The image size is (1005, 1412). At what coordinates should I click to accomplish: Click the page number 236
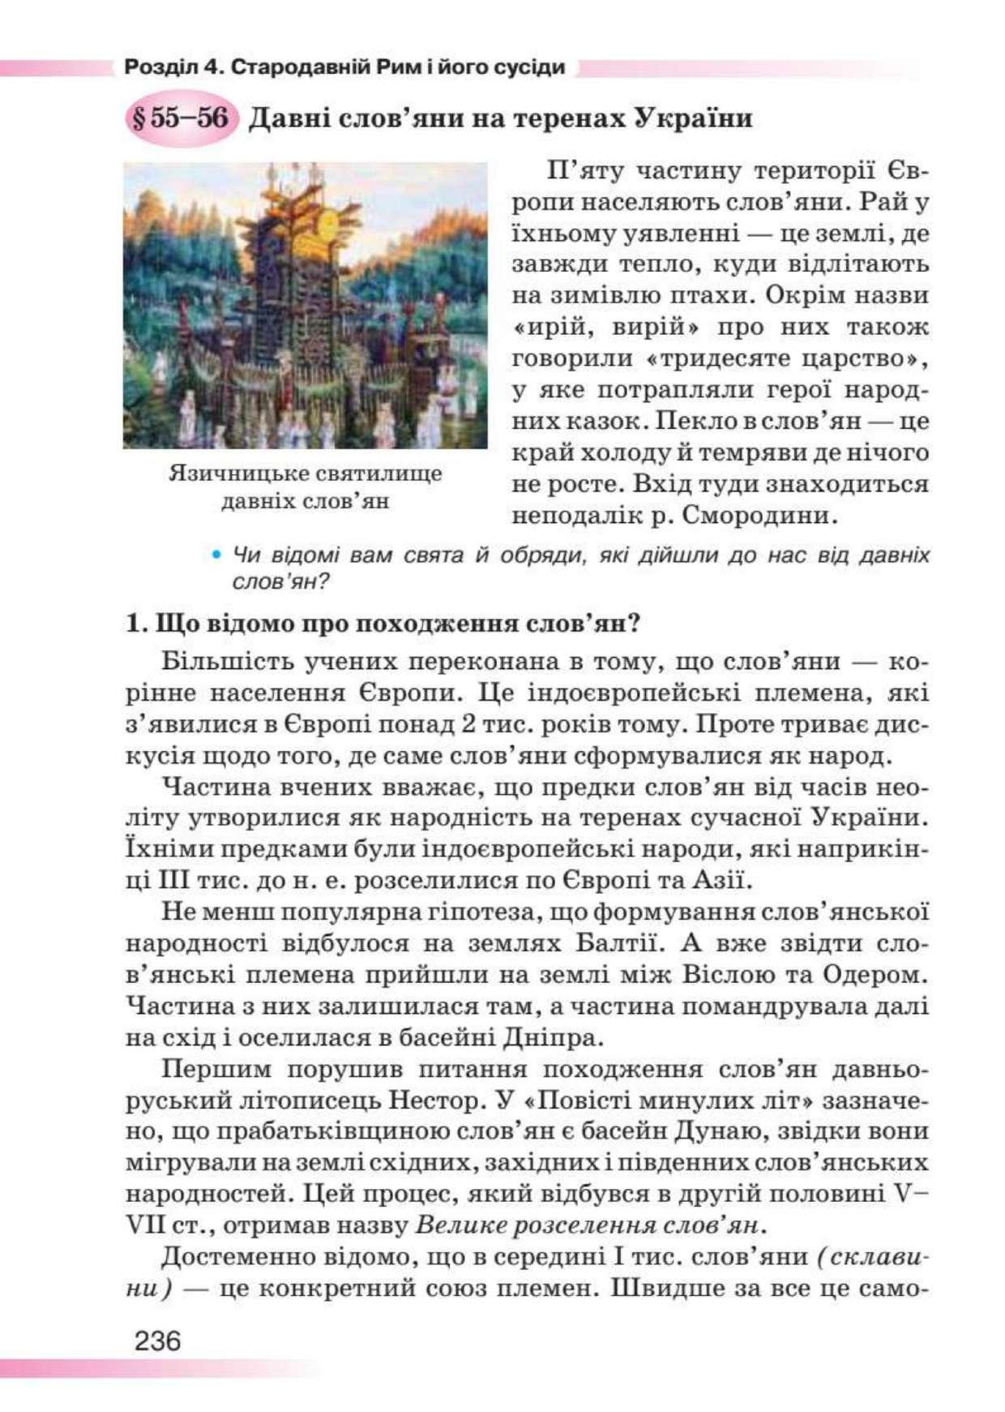click(x=158, y=1341)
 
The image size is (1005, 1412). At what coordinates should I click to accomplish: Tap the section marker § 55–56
click(x=180, y=118)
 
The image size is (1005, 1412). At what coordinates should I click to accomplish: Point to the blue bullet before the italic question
click(x=216, y=556)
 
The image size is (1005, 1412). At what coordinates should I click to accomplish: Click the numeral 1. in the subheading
click(x=135, y=624)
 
